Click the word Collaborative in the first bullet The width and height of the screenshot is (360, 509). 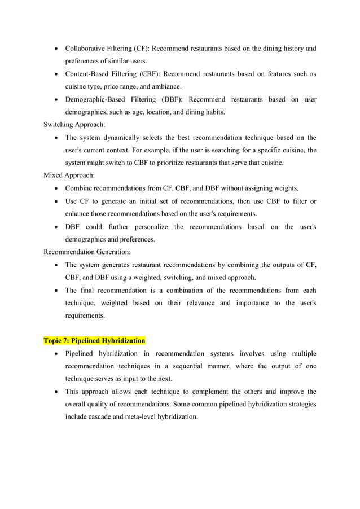pos(85,48)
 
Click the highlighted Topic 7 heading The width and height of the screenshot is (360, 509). pos(95,341)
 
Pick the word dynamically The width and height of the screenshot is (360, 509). pos(125,138)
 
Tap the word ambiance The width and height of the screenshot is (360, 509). pos(165,87)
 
